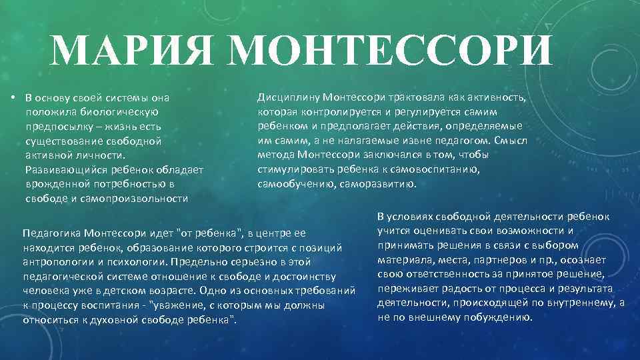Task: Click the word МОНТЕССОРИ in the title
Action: (393, 50)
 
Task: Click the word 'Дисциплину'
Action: (287, 97)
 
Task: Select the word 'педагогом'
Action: (463, 141)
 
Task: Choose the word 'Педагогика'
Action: (52, 233)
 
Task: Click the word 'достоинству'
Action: (304, 276)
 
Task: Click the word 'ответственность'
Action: (450, 274)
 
